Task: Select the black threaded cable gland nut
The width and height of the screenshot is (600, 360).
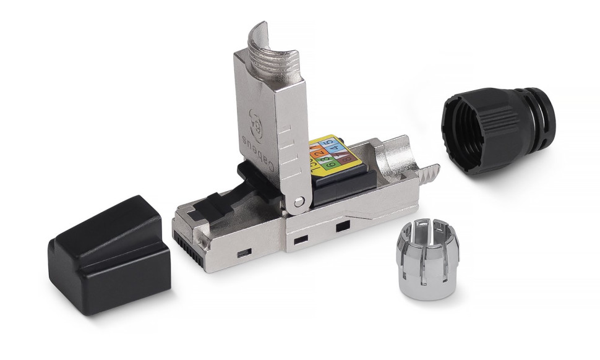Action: pyautogui.click(x=495, y=130)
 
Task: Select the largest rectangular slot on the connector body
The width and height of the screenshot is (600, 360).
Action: pyautogui.click(x=341, y=228)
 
